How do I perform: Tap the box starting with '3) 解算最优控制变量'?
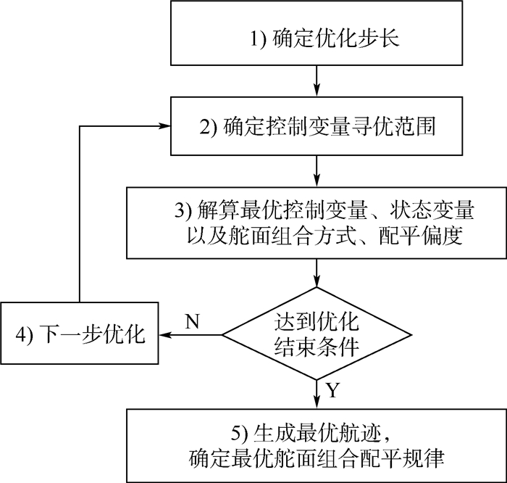[x=317, y=223]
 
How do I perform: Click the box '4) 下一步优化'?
[x=79, y=335]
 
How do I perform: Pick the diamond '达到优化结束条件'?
[x=317, y=334]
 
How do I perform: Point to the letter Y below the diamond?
[x=332, y=392]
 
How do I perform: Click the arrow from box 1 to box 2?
[x=317, y=80]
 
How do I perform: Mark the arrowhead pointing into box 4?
[x=166, y=335]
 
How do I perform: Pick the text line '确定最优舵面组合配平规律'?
[x=317, y=458]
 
